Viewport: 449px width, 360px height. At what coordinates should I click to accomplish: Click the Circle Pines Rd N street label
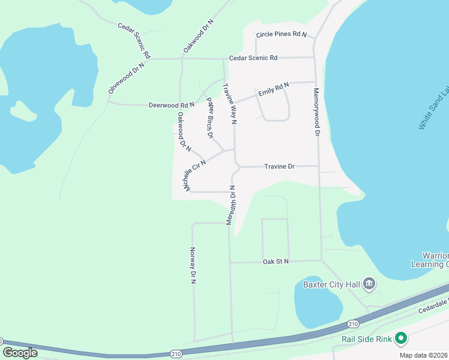(x=281, y=35)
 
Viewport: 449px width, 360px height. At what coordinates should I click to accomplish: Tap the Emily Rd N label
(x=274, y=89)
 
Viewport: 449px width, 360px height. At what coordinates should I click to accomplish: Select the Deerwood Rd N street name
(x=172, y=105)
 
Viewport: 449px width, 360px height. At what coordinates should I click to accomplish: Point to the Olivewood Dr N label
(x=127, y=77)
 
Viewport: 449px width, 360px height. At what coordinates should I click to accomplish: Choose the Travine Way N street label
(x=230, y=104)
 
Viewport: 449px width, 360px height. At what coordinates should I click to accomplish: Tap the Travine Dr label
(x=279, y=166)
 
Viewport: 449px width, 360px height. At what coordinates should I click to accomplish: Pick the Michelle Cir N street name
(x=196, y=176)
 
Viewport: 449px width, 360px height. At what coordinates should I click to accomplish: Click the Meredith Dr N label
(x=231, y=205)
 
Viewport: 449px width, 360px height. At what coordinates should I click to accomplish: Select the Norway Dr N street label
(x=193, y=265)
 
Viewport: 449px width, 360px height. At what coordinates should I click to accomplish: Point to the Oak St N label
(x=276, y=262)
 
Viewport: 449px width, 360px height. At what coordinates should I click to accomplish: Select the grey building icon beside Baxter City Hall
(x=369, y=284)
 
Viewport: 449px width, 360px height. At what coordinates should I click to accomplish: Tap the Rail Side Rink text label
(x=366, y=340)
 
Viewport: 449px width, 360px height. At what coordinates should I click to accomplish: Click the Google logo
(x=20, y=353)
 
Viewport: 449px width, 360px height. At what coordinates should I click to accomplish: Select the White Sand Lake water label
(x=433, y=108)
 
